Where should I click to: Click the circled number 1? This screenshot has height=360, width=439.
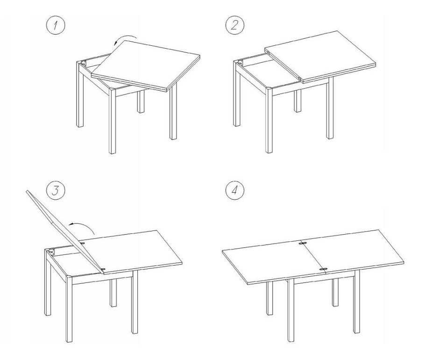[56, 26]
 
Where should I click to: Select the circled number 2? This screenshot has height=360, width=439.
[234, 26]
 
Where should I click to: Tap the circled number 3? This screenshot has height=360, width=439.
[56, 191]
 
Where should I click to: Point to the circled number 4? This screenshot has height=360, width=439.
[234, 191]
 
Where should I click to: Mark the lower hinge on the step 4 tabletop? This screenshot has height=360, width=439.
[323, 269]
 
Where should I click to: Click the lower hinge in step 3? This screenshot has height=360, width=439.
[104, 269]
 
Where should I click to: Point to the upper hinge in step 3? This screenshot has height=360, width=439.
[83, 243]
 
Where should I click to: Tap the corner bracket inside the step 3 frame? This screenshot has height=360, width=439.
[51, 252]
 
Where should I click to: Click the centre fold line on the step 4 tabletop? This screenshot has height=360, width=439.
[312, 256]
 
